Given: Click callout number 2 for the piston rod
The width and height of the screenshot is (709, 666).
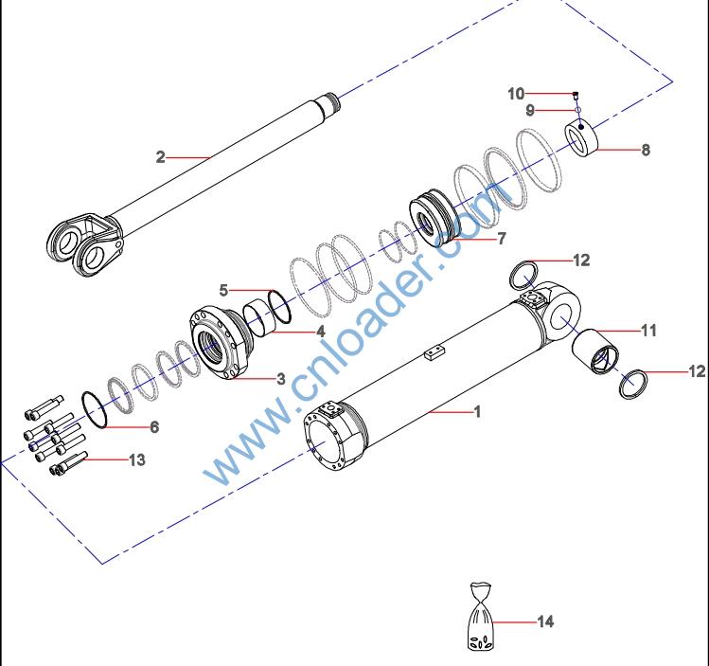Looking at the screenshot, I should (x=161, y=157).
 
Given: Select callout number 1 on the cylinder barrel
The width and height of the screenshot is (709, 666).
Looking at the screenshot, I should (x=478, y=412).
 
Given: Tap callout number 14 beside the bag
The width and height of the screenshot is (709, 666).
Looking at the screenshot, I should (x=545, y=621).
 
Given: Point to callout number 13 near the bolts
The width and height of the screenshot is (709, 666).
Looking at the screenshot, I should (x=137, y=459).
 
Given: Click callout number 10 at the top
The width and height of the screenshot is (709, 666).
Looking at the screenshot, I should (x=516, y=94).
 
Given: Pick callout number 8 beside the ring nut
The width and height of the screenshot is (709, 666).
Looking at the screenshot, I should (x=647, y=150).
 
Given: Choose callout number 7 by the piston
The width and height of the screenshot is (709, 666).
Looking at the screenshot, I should (x=502, y=239).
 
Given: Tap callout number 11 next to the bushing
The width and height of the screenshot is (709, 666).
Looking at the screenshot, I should (x=648, y=331).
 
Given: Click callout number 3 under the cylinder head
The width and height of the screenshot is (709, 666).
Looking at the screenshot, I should (x=281, y=378).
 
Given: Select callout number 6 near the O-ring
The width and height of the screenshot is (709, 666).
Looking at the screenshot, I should (x=153, y=427).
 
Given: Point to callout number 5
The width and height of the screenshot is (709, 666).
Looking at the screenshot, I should (x=224, y=290).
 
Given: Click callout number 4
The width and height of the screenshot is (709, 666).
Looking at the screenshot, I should (x=321, y=332).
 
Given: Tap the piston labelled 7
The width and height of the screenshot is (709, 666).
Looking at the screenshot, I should (x=434, y=220).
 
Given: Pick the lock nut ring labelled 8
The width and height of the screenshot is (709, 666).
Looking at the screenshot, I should (x=587, y=138).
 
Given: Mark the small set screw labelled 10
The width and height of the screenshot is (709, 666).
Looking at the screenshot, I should (x=576, y=94).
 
